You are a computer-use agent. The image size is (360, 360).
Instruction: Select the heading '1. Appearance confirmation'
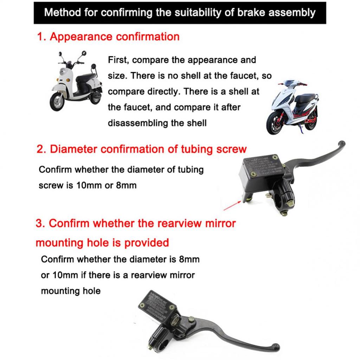click(x=108, y=37)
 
